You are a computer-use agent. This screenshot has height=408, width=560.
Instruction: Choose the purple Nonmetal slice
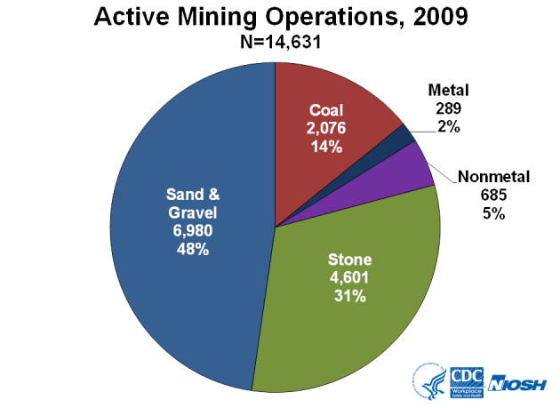[x=413, y=165]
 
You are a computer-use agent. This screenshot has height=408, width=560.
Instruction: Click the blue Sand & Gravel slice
[x=178, y=222]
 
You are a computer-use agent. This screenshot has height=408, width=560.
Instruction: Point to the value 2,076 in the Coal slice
[x=327, y=129]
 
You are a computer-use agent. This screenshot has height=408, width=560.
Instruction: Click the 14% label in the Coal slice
[x=327, y=147]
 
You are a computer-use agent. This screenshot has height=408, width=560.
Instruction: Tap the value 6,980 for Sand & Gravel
[x=191, y=231]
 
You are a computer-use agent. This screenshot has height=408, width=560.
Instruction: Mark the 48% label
[x=191, y=250]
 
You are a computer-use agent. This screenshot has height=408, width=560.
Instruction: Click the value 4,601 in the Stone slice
[x=348, y=279]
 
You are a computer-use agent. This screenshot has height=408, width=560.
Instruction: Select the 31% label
[x=348, y=297]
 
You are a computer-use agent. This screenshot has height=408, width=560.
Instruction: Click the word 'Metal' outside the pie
[x=448, y=91]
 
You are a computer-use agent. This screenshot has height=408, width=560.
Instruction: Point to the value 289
[x=448, y=108]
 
